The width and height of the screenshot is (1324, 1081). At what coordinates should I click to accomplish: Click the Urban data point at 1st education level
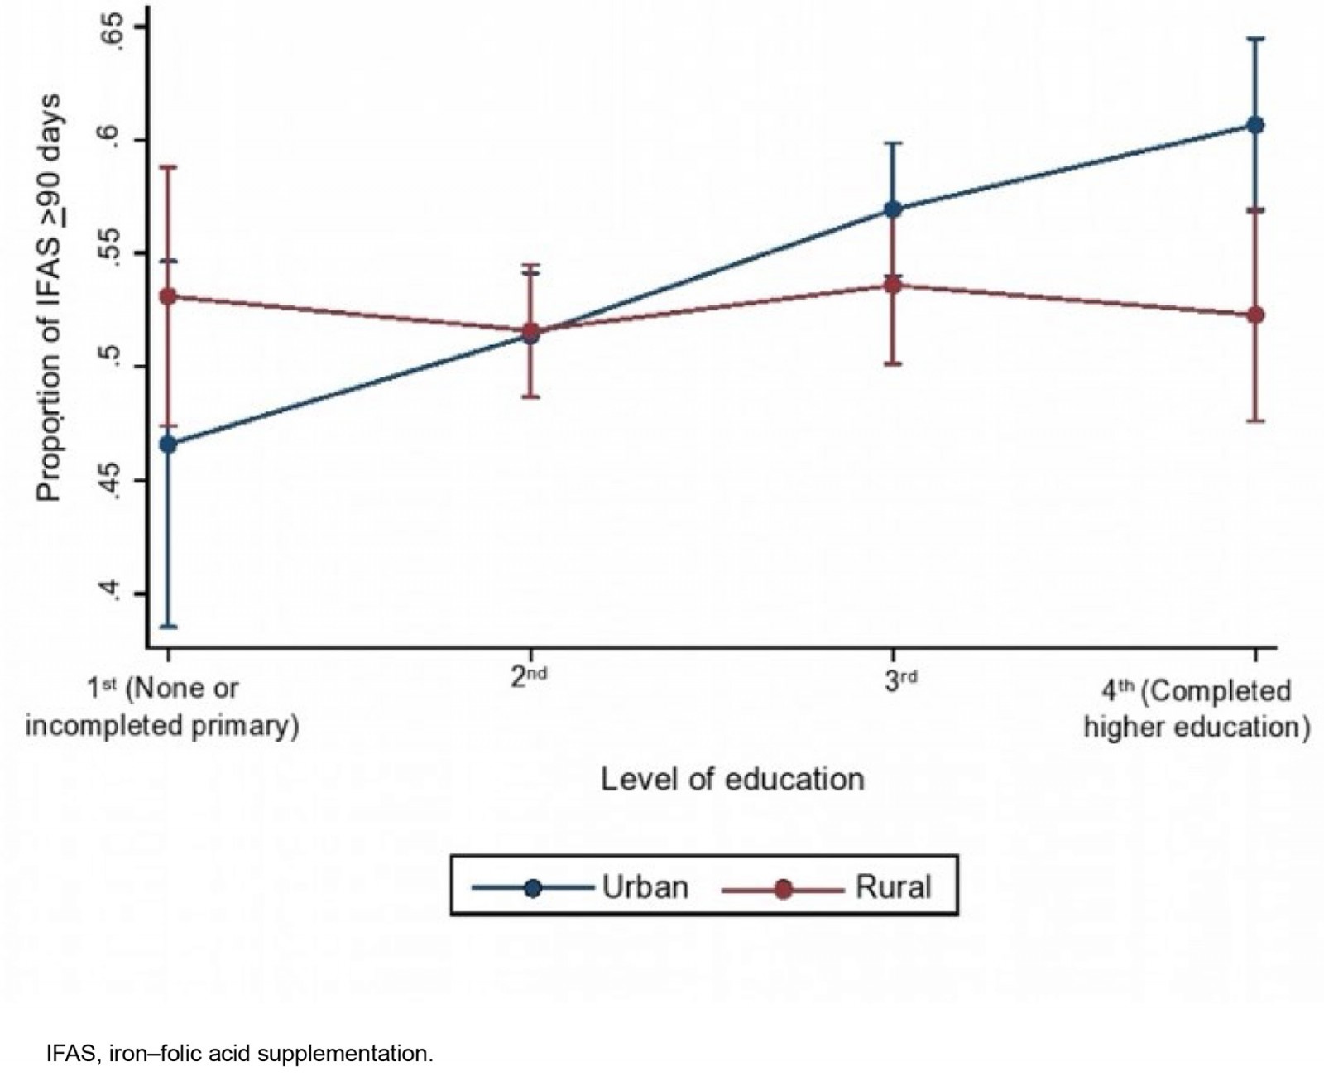(169, 444)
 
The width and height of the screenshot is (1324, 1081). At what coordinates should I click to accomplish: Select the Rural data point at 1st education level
(169, 296)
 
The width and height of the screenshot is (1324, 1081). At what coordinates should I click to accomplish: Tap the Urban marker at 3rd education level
(893, 209)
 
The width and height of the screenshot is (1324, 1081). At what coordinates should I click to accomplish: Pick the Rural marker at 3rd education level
(893, 286)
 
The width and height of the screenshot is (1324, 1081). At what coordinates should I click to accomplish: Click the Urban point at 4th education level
(1255, 125)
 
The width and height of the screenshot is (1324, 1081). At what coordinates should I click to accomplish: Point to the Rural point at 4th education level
(1255, 315)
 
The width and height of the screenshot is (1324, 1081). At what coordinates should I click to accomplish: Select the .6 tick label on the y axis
(113, 140)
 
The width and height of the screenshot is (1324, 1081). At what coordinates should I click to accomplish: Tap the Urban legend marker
(533, 888)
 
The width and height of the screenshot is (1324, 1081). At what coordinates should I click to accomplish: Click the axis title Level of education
(732, 780)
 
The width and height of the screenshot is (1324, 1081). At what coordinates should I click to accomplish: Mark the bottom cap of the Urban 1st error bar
(169, 627)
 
